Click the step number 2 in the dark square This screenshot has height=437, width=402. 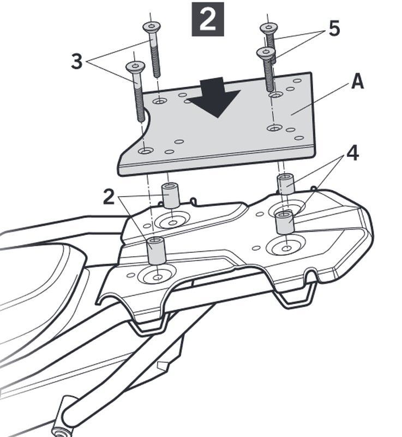(208, 19)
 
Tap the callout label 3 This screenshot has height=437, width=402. (77, 62)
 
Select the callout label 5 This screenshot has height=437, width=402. (334, 29)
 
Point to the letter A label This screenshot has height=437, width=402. (357, 81)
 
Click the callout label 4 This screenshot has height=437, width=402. (352, 153)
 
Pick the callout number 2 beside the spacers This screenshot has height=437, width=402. (109, 197)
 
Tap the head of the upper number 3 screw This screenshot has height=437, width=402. (152, 27)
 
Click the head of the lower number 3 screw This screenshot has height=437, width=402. (135, 66)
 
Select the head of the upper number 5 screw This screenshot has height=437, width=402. (268, 27)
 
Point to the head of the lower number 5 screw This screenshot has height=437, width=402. (266, 51)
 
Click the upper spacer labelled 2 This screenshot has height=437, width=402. (171, 195)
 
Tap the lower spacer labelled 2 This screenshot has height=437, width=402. (157, 251)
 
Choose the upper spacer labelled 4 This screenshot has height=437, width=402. (286, 185)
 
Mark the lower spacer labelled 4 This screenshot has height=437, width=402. (285, 222)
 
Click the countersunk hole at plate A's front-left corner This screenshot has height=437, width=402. (146, 151)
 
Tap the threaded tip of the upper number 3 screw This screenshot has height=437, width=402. (157, 73)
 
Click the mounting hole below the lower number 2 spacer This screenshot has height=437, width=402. (158, 277)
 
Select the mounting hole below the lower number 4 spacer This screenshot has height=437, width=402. (286, 247)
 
